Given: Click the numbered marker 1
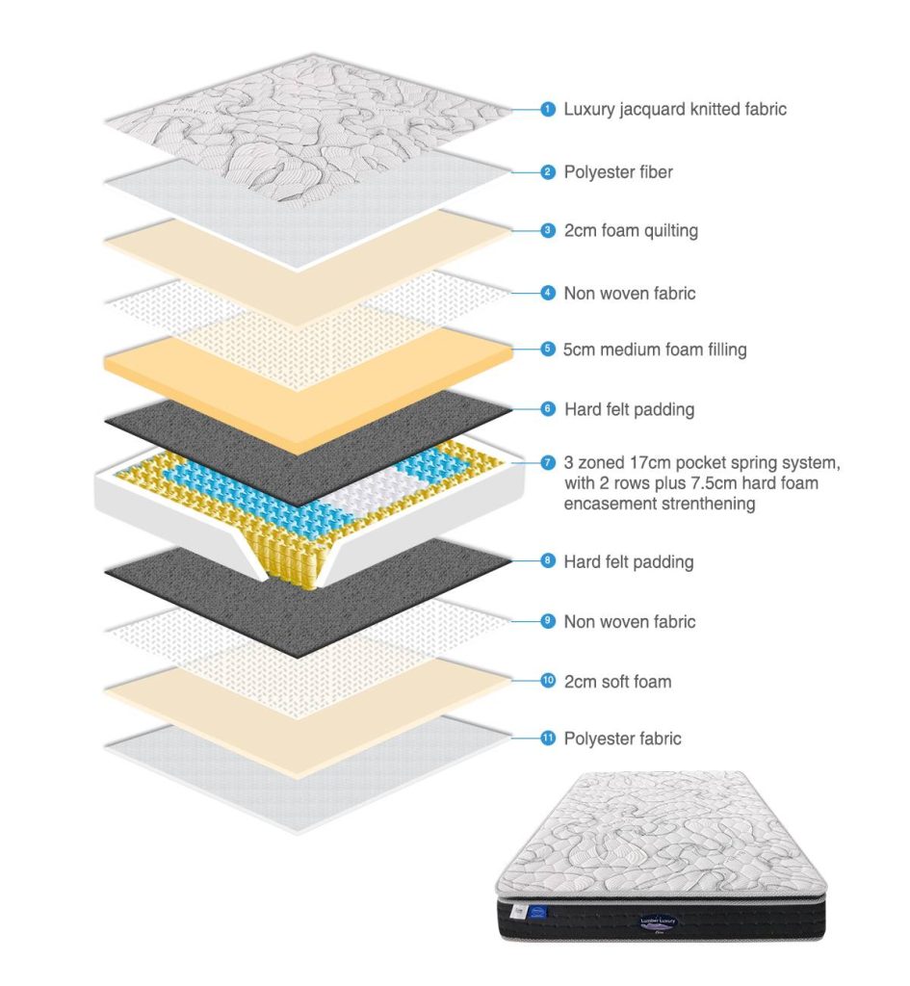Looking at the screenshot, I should (x=548, y=110).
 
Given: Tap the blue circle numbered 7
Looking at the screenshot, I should (x=548, y=463).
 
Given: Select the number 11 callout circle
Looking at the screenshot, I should (x=548, y=739).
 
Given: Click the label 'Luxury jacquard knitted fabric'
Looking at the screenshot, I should (x=675, y=110).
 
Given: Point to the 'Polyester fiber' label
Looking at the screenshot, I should (x=618, y=172).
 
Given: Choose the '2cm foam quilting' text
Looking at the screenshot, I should (x=631, y=231).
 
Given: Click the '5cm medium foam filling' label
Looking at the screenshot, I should (x=655, y=350).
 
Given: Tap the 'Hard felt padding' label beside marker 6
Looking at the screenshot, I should (x=628, y=409).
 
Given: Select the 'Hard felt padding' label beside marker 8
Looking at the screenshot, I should (x=628, y=561).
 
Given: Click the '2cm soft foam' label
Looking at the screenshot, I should (x=617, y=682).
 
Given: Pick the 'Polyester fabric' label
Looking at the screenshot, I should (x=622, y=739).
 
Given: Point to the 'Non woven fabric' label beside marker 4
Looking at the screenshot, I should (x=629, y=293).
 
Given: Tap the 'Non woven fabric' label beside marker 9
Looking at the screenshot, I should (x=629, y=622).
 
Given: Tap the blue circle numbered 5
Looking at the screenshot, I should (x=548, y=350).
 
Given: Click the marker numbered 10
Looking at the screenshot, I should (x=548, y=681).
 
